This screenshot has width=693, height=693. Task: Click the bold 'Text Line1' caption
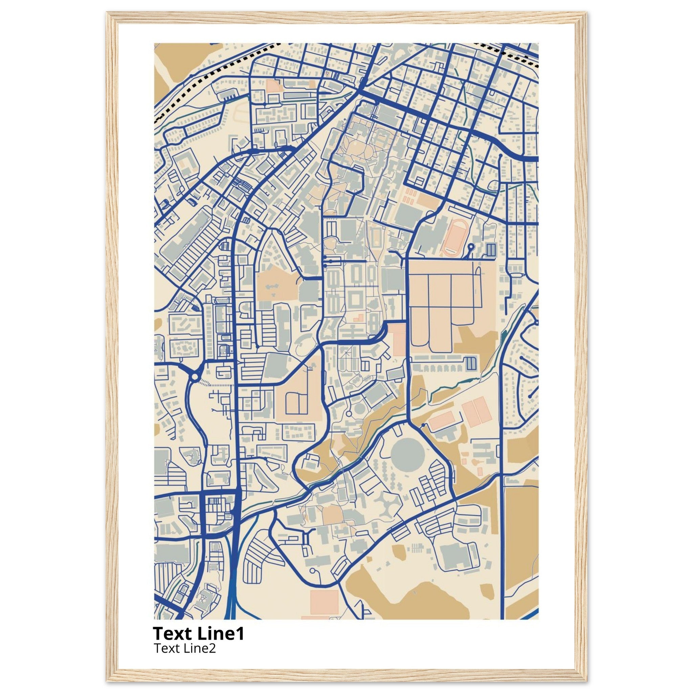pyautogui.click(x=198, y=634)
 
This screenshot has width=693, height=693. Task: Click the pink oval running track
pyautogui.click(x=454, y=238)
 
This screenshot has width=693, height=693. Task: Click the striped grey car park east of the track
pyautogui.click(x=491, y=249)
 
